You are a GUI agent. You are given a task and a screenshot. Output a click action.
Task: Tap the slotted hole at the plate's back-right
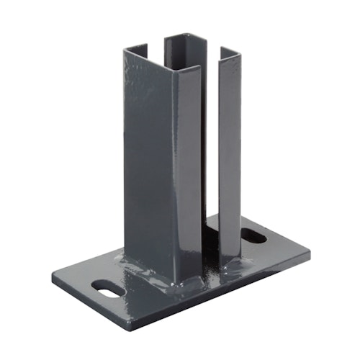(252, 235)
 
